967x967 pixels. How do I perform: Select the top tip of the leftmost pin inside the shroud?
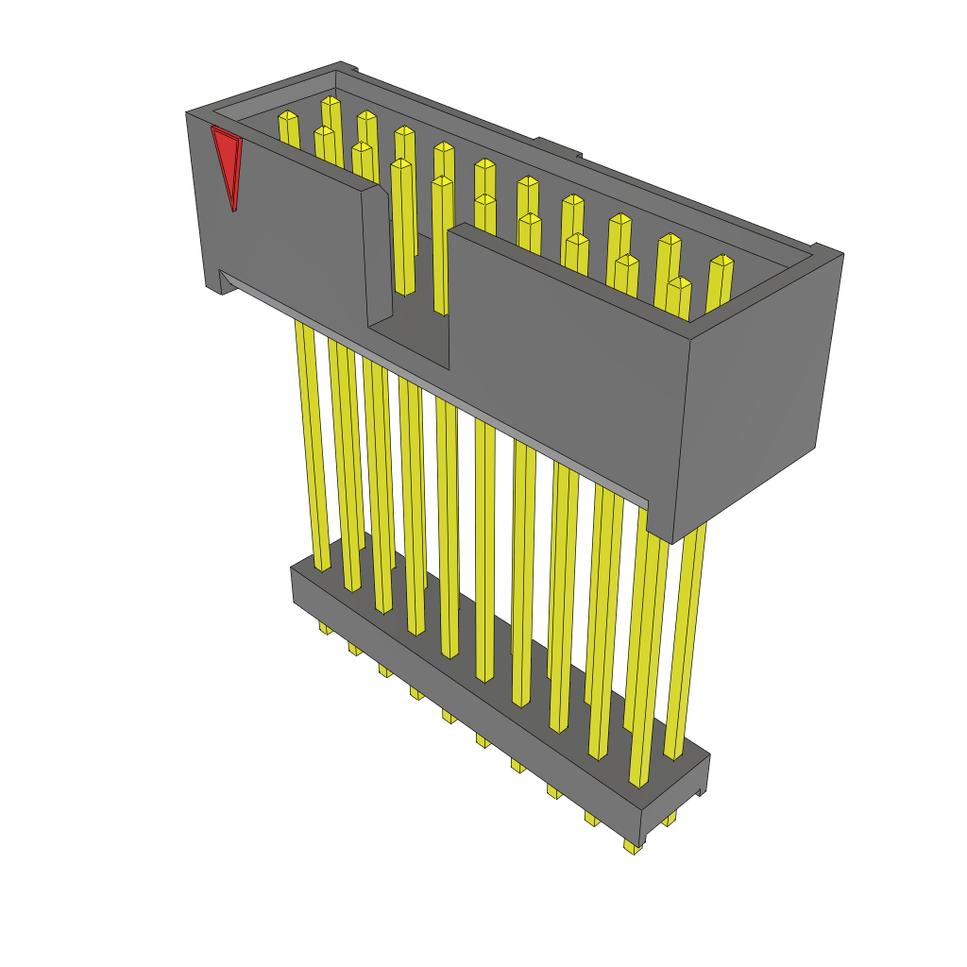tap(287, 116)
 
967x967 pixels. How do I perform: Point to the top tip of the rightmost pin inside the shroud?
tap(721, 260)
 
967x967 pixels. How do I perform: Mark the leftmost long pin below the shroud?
tap(314, 444)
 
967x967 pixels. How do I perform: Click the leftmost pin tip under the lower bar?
tap(326, 627)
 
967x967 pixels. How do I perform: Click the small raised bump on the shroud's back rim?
tap(557, 146)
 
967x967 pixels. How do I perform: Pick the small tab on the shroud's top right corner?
tap(827, 251)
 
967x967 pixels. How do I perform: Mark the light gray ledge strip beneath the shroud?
tap(434, 387)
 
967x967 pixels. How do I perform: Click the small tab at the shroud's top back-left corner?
tap(348, 67)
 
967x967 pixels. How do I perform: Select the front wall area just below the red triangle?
tap(274, 236)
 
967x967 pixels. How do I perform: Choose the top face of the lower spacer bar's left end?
tap(307, 567)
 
